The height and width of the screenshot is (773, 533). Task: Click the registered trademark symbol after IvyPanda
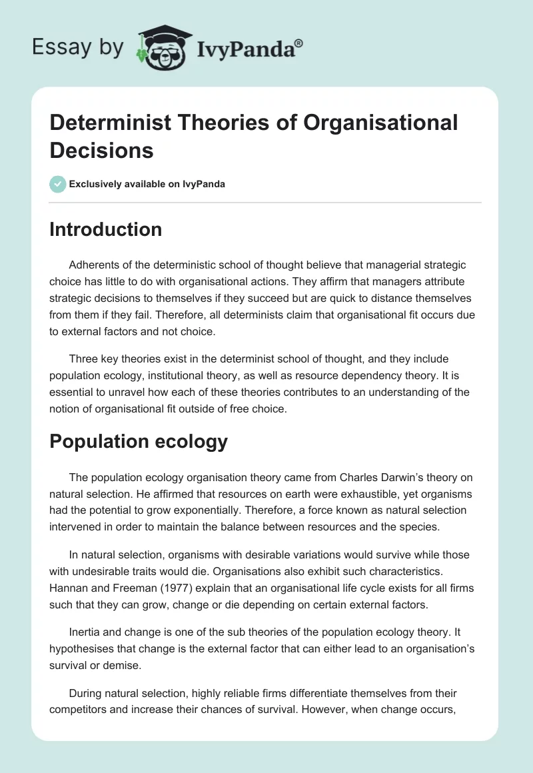coord(299,42)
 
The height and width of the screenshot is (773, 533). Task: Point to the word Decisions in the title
coord(102,150)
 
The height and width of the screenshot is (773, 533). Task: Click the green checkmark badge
coord(58,184)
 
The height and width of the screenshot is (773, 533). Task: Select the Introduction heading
coord(106,229)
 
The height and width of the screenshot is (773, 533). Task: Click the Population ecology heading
coord(139,441)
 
